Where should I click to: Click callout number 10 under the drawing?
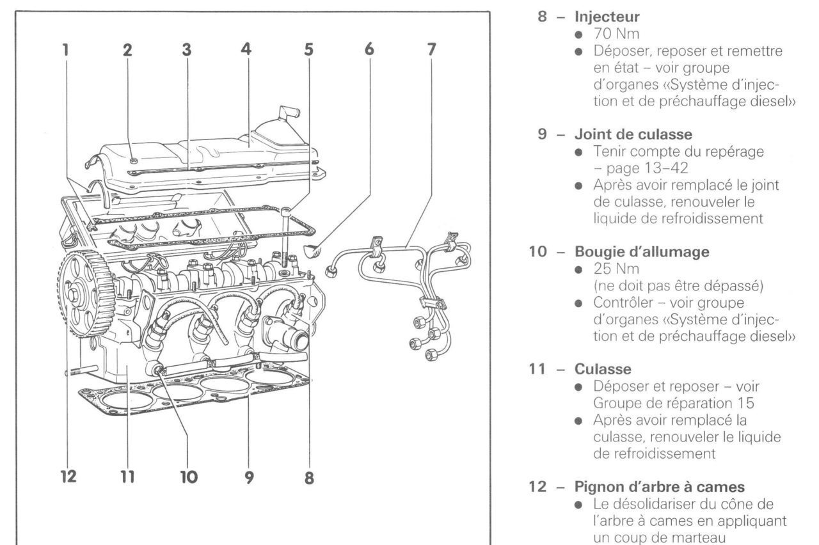click(189, 477)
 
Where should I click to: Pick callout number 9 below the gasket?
click(249, 477)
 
